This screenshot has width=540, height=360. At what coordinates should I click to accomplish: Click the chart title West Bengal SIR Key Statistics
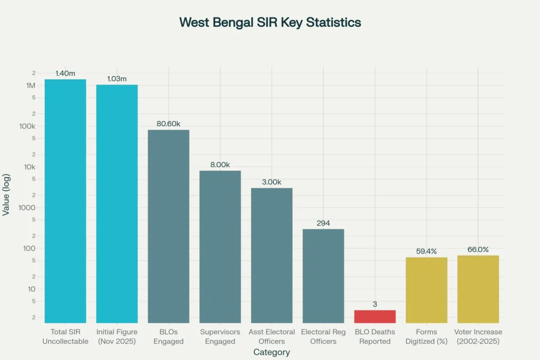[270, 22]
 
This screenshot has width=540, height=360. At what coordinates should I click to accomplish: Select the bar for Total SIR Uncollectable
[65, 200]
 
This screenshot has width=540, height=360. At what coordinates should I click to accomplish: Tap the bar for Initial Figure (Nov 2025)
[117, 203]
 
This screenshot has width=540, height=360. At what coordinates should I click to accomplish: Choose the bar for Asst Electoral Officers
[272, 255]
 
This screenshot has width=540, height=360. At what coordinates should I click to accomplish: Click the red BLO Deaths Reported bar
[375, 316]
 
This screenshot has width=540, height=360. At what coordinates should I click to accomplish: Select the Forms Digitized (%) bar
[427, 290]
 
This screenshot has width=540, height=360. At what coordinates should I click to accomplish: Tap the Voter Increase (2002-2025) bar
[478, 289]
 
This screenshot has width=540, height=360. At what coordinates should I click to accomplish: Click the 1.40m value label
[65, 74]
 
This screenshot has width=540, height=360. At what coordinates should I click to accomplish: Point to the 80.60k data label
[168, 124]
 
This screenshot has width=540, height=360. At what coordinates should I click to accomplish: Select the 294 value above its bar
[323, 223]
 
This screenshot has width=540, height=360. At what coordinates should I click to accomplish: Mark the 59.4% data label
[427, 251]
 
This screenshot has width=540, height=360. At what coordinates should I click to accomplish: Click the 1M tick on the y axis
[30, 85]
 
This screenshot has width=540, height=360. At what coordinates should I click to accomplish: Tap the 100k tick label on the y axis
[26, 127]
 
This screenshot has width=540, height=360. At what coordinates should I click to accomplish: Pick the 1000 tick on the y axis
[26, 208]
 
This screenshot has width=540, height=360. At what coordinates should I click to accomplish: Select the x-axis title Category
[272, 352]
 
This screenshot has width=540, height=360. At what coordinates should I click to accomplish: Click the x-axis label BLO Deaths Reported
[375, 337]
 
